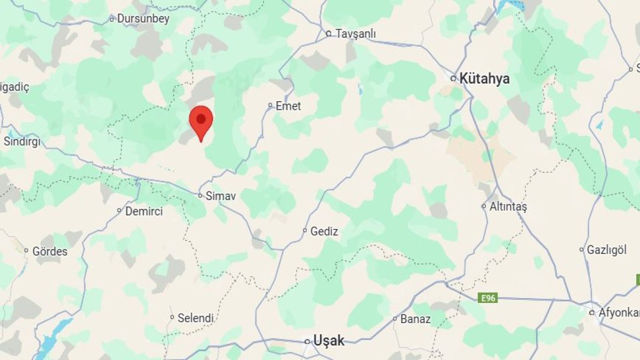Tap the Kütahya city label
(485, 79)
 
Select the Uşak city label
(329, 340)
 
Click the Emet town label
(288, 106)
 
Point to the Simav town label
(221, 196)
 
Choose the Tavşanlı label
(356, 34)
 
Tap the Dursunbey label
(143, 19)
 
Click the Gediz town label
(324, 231)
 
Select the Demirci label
(144, 211)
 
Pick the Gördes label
(50, 251)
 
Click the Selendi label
(196, 318)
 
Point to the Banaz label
(416, 319)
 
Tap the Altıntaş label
(508, 207)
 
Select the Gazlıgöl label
(607, 250)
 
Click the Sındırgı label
(22, 141)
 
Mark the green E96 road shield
(487, 298)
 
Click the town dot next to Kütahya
(453, 78)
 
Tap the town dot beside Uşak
(307, 341)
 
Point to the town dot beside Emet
(270, 106)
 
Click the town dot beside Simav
(201, 196)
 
